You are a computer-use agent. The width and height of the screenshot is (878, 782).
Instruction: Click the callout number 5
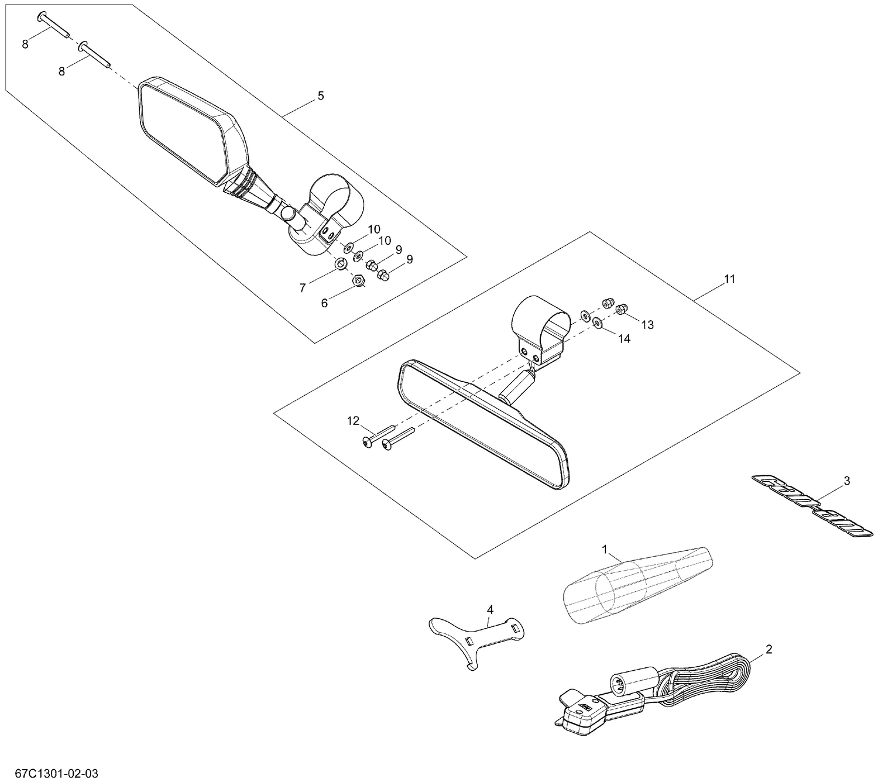tap(320, 96)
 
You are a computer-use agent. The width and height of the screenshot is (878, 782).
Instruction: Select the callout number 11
tap(729, 279)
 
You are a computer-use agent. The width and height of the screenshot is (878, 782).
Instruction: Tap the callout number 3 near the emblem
tap(846, 481)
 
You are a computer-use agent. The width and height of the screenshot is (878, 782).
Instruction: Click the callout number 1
tap(606, 550)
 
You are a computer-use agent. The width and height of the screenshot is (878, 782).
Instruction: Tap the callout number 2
tap(769, 649)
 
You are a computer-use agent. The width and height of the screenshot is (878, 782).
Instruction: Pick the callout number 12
tap(353, 420)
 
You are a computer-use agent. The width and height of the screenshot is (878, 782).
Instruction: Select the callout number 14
tap(624, 338)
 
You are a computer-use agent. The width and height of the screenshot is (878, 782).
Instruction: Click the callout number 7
tap(303, 287)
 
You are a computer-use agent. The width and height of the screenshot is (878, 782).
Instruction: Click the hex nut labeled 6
tap(359, 282)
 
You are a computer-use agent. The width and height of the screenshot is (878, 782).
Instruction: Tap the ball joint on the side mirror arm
tap(289, 213)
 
